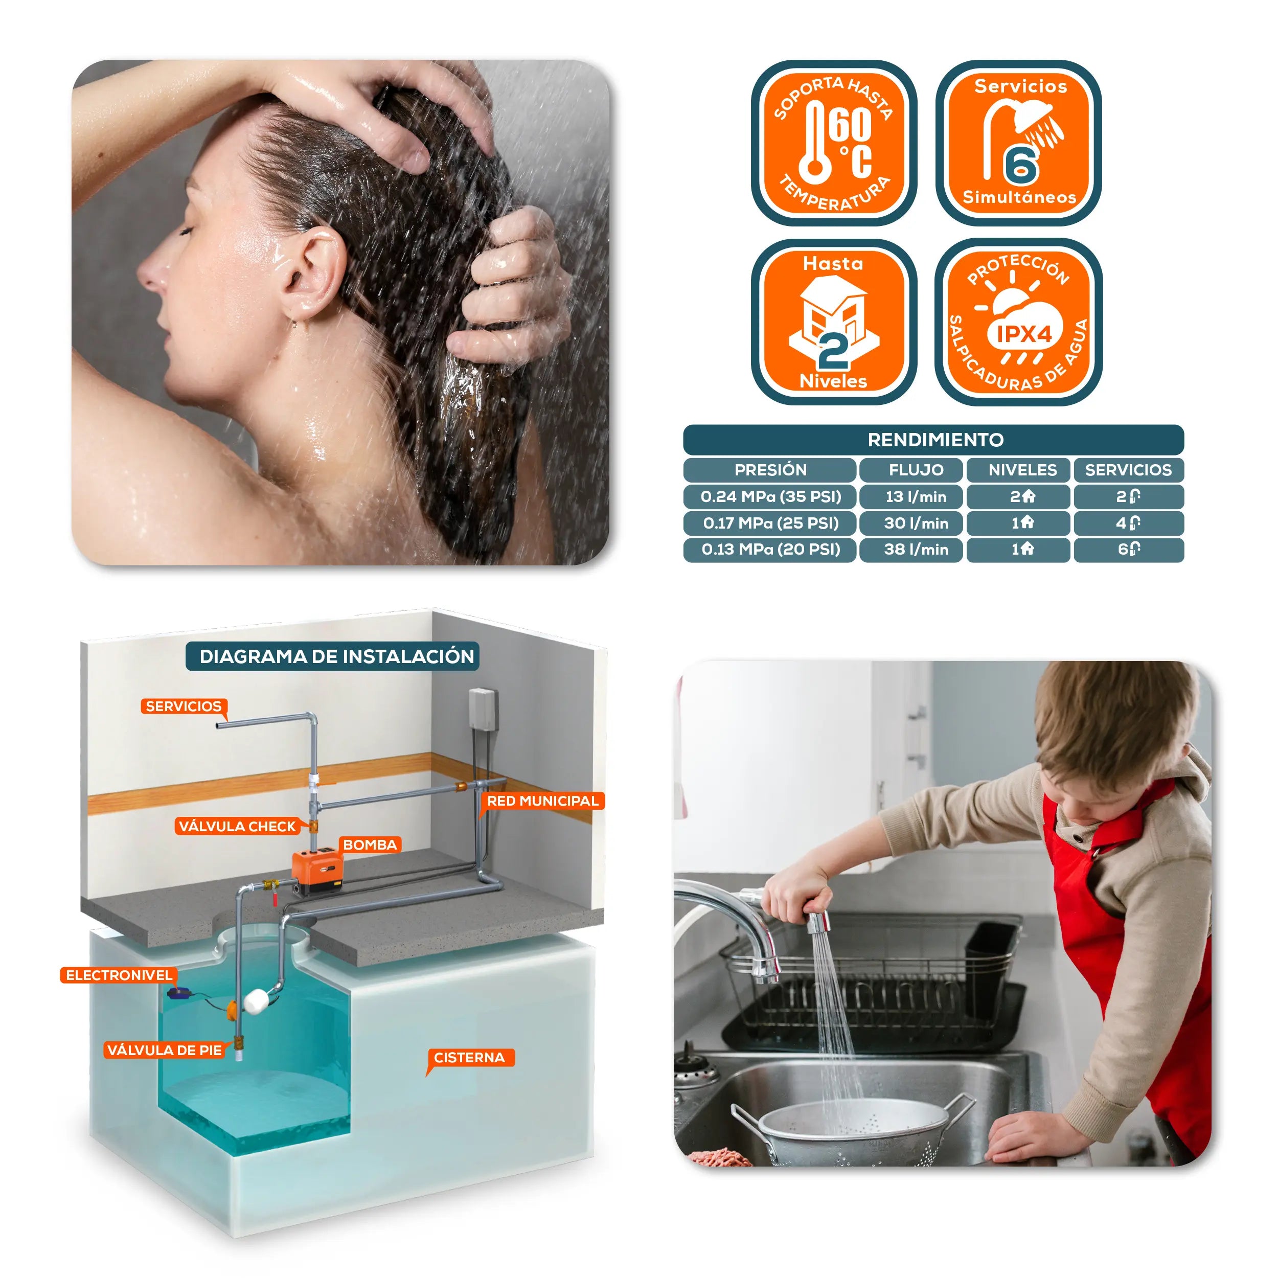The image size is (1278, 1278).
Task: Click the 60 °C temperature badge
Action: click(x=833, y=143)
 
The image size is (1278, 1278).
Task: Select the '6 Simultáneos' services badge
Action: click(x=1019, y=143)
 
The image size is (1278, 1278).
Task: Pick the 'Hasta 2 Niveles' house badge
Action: click(x=833, y=322)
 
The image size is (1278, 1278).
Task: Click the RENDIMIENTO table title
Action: click(x=935, y=440)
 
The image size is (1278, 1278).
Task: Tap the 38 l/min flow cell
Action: click(x=916, y=550)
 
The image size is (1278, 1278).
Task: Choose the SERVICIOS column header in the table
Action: click(x=1129, y=470)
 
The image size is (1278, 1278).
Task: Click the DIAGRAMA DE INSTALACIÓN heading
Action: click(x=337, y=656)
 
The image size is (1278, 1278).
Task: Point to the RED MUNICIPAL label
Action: click(x=542, y=801)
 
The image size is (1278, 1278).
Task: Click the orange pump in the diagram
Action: click(x=317, y=872)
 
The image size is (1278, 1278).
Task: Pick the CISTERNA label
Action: click(x=470, y=1058)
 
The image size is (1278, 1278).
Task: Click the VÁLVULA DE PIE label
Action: click(x=164, y=1051)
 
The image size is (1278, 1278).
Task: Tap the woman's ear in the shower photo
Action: click(x=312, y=272)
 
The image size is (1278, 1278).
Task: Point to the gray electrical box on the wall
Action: click(x=483, y=709)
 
